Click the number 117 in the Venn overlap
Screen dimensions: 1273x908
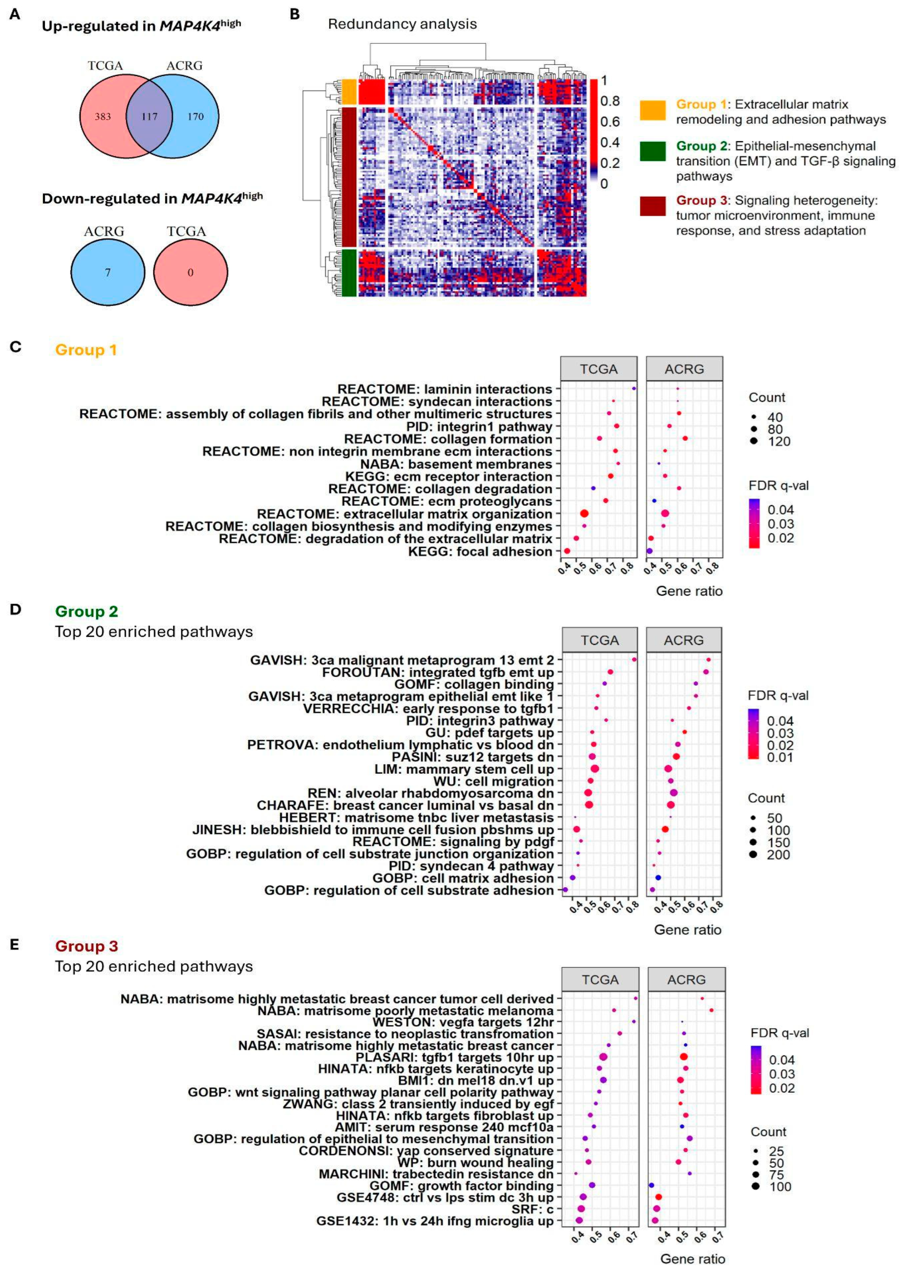pyautogui.click(x=149, y=117)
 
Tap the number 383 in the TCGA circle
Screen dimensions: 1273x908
pyautogui.click(x=103, y=117)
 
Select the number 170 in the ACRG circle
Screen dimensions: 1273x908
pyautogui.click(x=195, y=117)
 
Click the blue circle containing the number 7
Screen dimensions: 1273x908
pyautogui.click(x=108, y=272)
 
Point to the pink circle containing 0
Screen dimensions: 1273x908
pyautogui.click(x=190, y=272)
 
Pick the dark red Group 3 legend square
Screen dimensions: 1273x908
pyautogui.click(x=652, y=206)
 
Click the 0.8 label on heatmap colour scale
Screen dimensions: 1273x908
pyautogui.click(x=610, y=101)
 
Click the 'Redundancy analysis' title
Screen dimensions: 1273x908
pyautogui.click(x=402, y=24)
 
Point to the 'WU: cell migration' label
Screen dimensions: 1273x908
pyautogui.click(x=493, y=781)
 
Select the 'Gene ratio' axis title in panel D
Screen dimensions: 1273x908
pyautogui.click(x=687, y=929)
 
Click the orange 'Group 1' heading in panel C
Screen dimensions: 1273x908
pyautogui.click(x=86, y=350)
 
